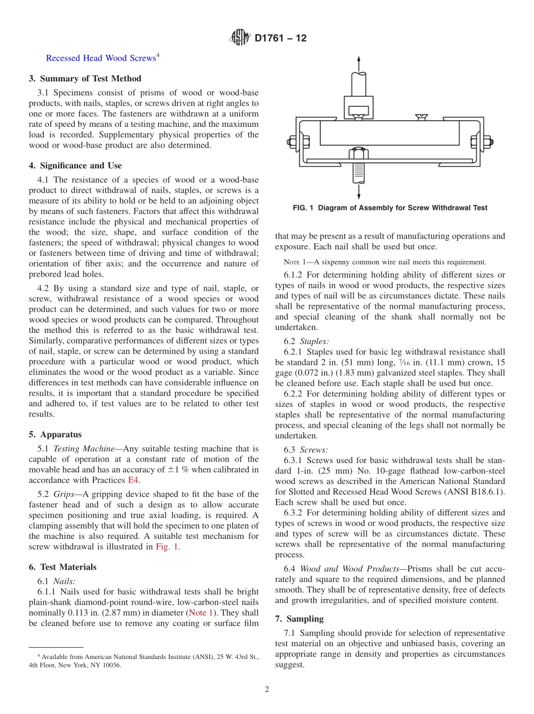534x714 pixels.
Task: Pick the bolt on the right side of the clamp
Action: pos(487,142)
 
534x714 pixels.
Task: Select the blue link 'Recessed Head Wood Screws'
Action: pos(101,58)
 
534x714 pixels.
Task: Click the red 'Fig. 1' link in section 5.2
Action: pos(167,546)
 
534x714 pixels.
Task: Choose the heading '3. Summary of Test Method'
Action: pos(85,79)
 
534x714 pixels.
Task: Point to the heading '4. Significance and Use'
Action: pos(75,166)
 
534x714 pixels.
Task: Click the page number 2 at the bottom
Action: pos(267,689)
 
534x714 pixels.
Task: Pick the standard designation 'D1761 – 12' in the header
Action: pos(280,39)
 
